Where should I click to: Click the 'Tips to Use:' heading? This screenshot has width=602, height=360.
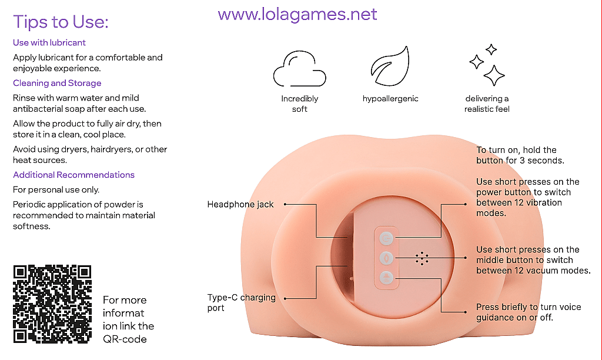(61, 22)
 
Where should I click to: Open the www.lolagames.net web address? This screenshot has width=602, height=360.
(297, 14)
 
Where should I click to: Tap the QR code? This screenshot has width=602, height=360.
(52, 304)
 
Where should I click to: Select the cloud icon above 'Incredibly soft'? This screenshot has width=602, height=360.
(299, 68)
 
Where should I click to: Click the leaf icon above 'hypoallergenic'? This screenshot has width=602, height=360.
(390, 66)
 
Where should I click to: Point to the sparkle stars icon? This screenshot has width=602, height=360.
(487, 65)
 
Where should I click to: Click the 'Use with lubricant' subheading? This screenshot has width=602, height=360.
(49, 42)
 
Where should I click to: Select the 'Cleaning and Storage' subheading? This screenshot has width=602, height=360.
(57, 83)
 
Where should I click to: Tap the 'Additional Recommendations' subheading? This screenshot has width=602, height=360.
(73, 175)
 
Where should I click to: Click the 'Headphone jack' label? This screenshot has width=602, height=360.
(240, 204)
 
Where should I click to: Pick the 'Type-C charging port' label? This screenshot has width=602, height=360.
(242, 302)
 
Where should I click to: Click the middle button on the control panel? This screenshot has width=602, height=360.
(386, 258)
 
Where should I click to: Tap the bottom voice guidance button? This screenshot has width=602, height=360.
(386, 278)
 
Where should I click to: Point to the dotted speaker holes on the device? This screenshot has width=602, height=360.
(422, 259)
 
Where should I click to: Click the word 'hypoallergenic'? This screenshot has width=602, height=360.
(390, 99)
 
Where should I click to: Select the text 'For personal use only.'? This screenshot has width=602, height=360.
(56, 190)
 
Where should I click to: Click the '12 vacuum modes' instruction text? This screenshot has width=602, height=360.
(533, 260)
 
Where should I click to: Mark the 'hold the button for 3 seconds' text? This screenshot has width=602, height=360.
(520, 155)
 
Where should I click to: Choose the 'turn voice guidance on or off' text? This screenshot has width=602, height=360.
(529, 312)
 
